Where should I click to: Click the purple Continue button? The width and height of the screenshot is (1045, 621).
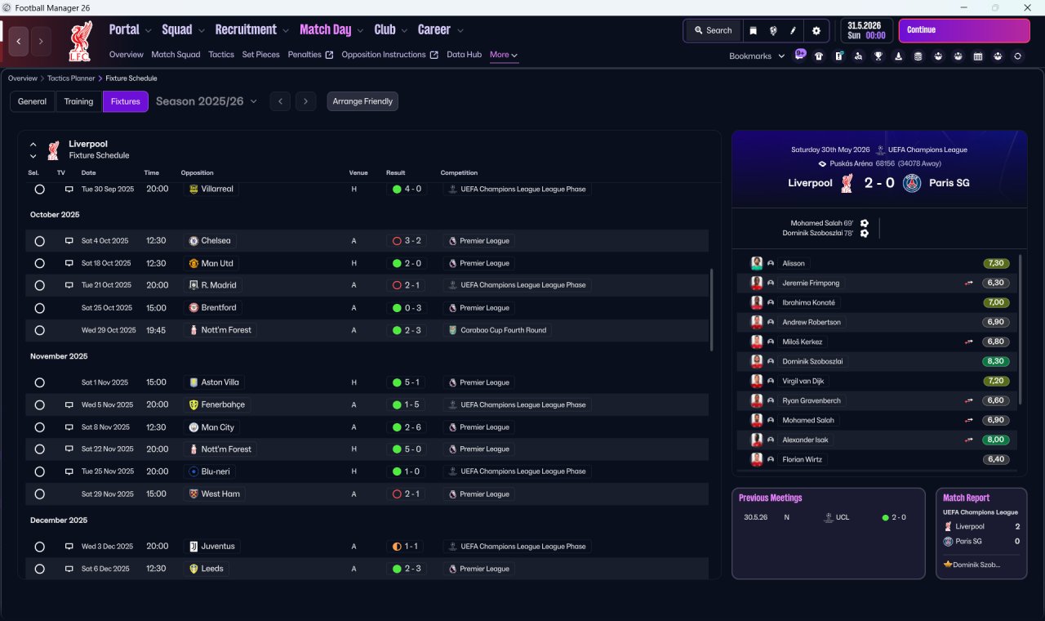point(964,30)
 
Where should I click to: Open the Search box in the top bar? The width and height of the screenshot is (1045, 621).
point(714,30)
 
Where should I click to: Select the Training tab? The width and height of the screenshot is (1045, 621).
point(78,101)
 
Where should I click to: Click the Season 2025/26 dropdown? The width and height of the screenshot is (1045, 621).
point(207,101)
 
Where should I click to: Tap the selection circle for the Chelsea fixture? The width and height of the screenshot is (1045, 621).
point(40,241)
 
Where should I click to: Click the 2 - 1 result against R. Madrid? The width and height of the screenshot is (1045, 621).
point(407,285)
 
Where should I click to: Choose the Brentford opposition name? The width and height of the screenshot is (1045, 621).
point(218,308)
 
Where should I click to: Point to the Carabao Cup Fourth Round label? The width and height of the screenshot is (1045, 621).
point(504,330)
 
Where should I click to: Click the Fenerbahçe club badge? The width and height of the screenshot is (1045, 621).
point(193,404)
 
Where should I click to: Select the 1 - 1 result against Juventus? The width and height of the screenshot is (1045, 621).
point(407,547)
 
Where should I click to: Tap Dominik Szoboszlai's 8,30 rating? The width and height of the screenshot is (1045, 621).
point(995,361)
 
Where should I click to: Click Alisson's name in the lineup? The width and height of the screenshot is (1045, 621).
point(793,263)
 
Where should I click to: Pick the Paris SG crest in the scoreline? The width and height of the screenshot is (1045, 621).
point(912,183)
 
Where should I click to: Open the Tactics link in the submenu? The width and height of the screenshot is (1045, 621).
point(221,55)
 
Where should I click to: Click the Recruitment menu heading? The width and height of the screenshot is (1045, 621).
point(246,30)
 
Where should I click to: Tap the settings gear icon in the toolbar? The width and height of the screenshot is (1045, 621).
point(816,31)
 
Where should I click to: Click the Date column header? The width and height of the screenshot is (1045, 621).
point(88,172)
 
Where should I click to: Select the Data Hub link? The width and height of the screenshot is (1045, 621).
point(464,55)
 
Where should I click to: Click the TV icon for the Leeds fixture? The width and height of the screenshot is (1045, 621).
point(69,569)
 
